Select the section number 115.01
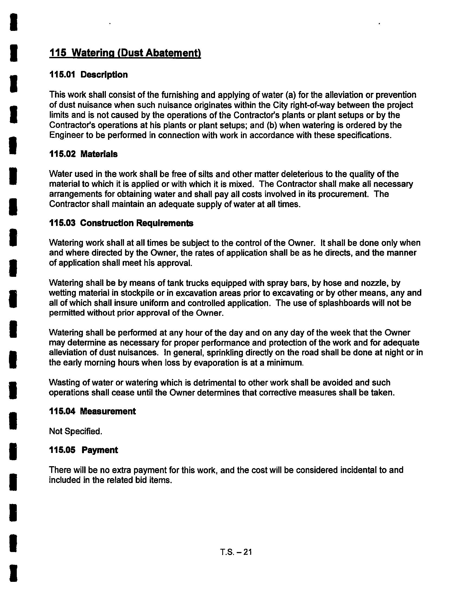pos(62,75)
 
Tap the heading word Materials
pos(99,154)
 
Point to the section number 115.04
pos(62,411)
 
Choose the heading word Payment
pos(100,450)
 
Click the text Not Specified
pos(76,431)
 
